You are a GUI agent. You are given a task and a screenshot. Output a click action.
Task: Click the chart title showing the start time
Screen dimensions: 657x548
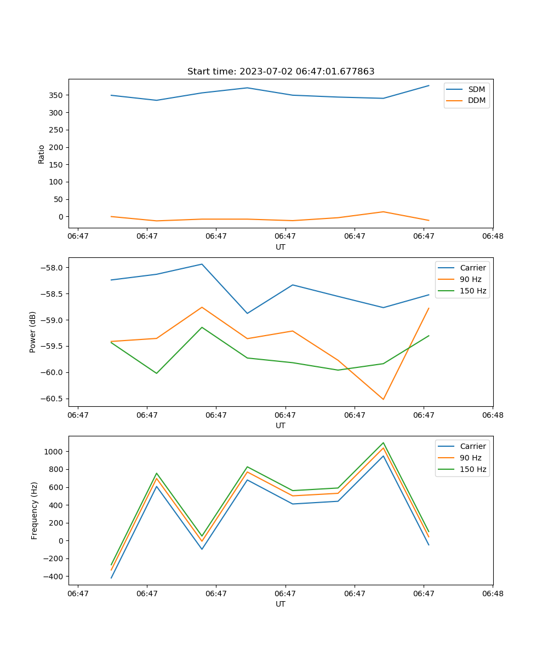tap(281, 72)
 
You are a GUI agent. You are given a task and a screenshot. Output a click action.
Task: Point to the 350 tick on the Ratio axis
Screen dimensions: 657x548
tap(56, 95)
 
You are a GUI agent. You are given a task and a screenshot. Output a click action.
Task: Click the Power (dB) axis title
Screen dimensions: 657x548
tap(33, 332)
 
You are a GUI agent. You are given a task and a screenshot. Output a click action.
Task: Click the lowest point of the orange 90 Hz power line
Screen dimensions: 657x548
tap(383, 399)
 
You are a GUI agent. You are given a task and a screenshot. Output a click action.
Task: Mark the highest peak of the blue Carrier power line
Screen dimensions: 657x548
tap(202, 264)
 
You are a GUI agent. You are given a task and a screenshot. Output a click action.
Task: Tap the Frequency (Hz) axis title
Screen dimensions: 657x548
tap(35, 510)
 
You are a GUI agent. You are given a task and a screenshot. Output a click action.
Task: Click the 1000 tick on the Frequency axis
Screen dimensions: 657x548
tap(55, 452)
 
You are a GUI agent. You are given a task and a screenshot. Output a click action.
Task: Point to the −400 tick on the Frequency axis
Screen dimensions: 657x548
tap(54, 577)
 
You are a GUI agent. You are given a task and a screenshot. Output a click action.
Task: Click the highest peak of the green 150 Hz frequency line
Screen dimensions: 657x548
tap(383, 443)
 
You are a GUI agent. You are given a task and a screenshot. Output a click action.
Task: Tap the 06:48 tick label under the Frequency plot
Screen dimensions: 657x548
tap(492, 593)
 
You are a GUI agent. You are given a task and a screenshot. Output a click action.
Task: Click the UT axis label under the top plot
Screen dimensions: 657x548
tap(281, 247)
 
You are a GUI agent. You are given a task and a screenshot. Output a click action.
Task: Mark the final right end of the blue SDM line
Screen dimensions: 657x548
tap(429, 85)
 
